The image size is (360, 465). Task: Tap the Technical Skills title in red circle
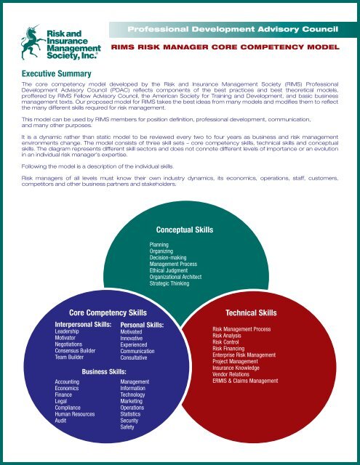tap(251, 312)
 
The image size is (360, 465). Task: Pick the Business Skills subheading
tap(104, 371)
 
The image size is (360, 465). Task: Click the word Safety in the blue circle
tap(128, 427)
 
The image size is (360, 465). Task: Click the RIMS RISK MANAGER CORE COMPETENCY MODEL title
tap(225, 46)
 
